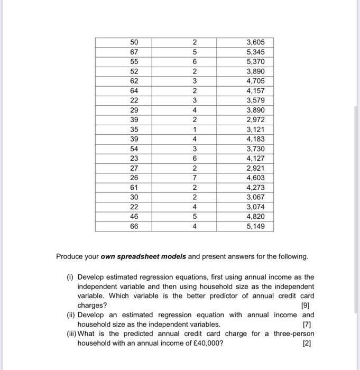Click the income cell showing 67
click(x=134, y=52)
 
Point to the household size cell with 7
click(x=194, y=178)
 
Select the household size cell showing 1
click(x=194, y=129)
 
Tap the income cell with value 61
click(x=134, y=187)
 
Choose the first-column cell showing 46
click(x=134, y=217)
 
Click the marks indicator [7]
click(x=307, y=324)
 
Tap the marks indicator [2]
click(x=307, y=343)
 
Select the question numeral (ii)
click(x=69, y=314)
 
